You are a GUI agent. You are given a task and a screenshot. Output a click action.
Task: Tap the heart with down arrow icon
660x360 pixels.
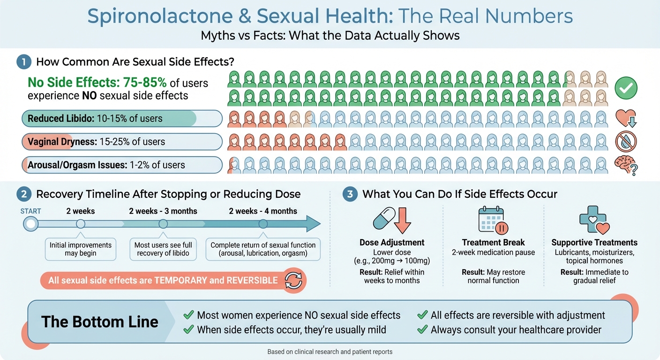pyautogui.click(x=626, y=118)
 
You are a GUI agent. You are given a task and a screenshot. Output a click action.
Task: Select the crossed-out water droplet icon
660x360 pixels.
pyautogui.click(x=626, y=142)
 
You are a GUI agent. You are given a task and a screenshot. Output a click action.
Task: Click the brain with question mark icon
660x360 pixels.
pyautogui.click(x=626, y=165)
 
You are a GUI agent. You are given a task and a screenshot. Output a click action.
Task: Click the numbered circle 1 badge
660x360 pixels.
pyautogui.click(x=23, y=62)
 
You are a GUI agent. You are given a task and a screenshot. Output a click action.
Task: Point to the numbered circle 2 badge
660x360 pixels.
pyautogui.click(x=23, y=194)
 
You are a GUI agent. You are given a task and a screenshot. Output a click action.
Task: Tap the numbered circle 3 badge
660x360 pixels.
pyautogui.click(x=350, y=194)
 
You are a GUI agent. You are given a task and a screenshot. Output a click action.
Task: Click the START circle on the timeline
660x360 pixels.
pyautogui.click(x=31, y=224)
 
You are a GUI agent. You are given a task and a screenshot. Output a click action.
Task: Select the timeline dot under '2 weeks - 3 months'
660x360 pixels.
pyautogui.click(x=163, y=224)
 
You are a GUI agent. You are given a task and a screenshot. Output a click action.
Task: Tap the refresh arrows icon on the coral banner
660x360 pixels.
pyautogui.click(x=293, y=280)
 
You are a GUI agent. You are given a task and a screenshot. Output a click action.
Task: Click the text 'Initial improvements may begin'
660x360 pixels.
pyautogui.click(x=81, y=249)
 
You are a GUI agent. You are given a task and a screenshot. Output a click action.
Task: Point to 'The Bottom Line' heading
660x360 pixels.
pyautogui.click(x=99, y=322)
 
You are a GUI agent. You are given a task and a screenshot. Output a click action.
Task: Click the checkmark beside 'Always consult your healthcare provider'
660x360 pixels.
pyautogui.click(x=422, y=330)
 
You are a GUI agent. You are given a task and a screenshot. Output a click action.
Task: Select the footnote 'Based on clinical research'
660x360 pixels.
pyautogui.click(x=330, y=352)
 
